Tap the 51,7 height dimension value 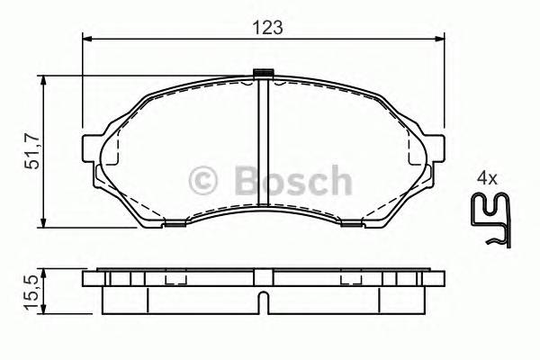pos(31,151)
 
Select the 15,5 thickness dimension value pos(30,292)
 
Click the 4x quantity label pos(487,179)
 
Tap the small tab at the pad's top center pos(264,74)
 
